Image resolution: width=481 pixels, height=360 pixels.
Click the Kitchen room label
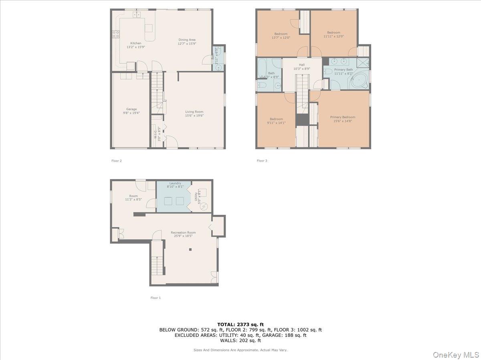tap(135, 43)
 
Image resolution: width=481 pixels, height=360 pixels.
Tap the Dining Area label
tap(187, 40)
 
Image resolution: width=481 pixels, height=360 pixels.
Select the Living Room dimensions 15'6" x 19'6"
tap(194, 116)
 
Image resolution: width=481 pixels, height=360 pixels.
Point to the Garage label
tap(131, 109)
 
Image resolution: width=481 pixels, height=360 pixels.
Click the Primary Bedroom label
tap(343, 117)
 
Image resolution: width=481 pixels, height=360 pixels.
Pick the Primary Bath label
tap(343, 70)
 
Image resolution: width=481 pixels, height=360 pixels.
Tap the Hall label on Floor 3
tap(301, 65)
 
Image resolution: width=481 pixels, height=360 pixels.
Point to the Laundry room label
tap(175, 183)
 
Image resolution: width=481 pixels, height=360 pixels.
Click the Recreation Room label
tap(183, 232)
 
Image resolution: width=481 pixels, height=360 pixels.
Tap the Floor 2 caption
tap(116, 161)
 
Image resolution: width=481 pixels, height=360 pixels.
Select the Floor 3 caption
tap(262, 161)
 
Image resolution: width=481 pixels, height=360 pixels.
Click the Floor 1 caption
tap(156, 298)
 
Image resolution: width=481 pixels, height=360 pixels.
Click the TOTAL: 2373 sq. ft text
tap(240, 324)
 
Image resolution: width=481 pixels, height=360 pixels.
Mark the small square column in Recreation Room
tap(190, 250)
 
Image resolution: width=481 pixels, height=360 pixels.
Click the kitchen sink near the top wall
tap(137, 15)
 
